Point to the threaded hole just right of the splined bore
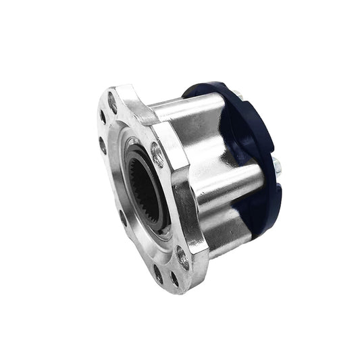click(157, 156)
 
